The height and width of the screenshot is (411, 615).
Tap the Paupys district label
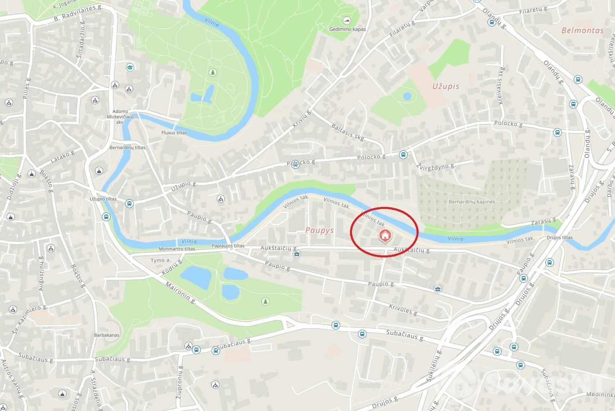pyautogui.click(x=319, y=230)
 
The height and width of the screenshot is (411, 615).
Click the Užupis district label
pyautogui.click(x=445, y=86)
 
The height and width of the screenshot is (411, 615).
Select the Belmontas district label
pyautogui.click(x=582, y=30)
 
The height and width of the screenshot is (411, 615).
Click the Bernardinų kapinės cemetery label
pyautogui.click(x=472, y=202)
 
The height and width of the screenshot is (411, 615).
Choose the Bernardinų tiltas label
pyautogui.click(x=127, y=148)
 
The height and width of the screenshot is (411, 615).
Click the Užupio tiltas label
pyautogui.click(x=103, y=199)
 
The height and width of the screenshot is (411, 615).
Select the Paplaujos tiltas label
pyautogui.click(x=228, y=246)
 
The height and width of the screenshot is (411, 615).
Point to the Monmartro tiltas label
pyautogui.click(x=177, y=249)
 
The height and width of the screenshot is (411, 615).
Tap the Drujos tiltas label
pyautogui.click(x=559, y=237)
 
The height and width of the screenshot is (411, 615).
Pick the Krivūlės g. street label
pyautogui.click(x=403, y=310)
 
